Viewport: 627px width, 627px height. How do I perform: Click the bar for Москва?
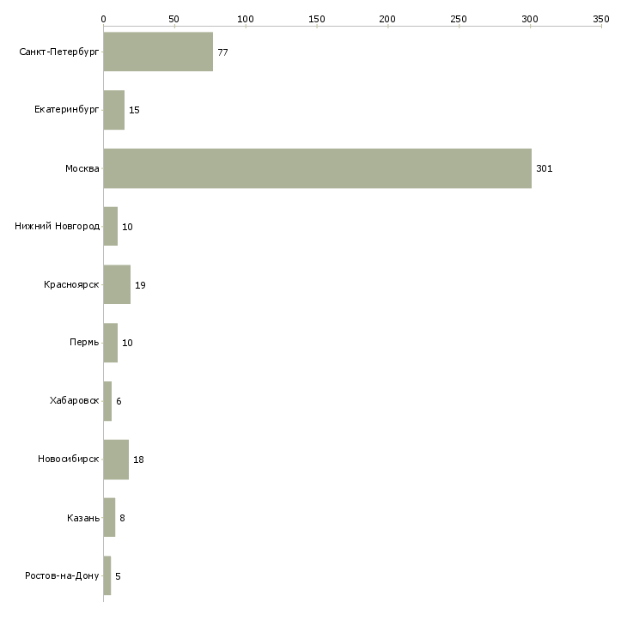tap(318, 168)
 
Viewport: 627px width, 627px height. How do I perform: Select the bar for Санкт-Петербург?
tap(158, 52)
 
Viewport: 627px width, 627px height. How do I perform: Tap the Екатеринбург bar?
tap(114, 110)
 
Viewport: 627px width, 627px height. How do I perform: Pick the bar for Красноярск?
tap(117, 284)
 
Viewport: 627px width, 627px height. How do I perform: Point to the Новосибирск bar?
tap(116, 460)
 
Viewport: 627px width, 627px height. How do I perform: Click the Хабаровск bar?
tap(107, 401)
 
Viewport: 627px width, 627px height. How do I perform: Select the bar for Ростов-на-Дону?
tap(107, 575)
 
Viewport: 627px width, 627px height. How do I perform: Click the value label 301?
tap(545, 168)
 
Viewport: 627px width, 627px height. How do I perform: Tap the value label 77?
tap(222, 52)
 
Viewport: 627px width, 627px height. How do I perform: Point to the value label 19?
tap(140, 285)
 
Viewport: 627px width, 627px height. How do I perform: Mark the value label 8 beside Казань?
tap(122, 518)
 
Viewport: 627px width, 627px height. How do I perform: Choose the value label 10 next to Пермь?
tap(128, 343)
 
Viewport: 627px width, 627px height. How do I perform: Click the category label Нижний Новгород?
tap(58, 227)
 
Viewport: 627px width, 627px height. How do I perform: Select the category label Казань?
tap(83, 518)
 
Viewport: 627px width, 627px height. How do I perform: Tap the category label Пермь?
tap(84, 343)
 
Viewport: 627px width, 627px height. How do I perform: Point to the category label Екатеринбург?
tap(66, 110)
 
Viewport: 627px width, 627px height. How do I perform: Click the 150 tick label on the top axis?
tap(317, 19)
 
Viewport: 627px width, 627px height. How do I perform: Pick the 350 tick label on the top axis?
tap(601, 19)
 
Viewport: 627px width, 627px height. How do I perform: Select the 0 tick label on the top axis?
tap(104, 19)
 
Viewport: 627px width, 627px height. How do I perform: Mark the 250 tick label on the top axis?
tap(459, 19)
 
